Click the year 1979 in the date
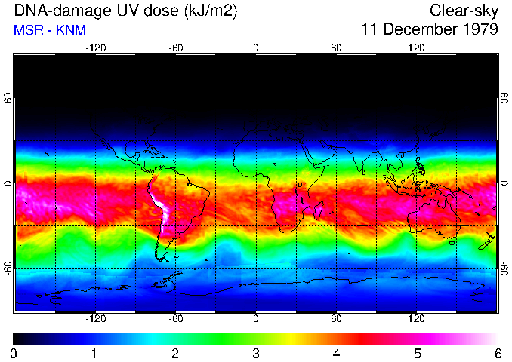click(477, 30)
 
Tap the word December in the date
click(417, 30)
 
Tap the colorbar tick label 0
click(14, 353)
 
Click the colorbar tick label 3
click(256, 353)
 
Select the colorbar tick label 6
click(497, 353)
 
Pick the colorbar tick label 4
click(336, 353)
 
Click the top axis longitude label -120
click(95, 48)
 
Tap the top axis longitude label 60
click(336, 48)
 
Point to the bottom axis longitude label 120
click(417, 320)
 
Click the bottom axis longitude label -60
click(175, 320)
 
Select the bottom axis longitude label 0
click(256, 320)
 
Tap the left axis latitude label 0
click(8, 183)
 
